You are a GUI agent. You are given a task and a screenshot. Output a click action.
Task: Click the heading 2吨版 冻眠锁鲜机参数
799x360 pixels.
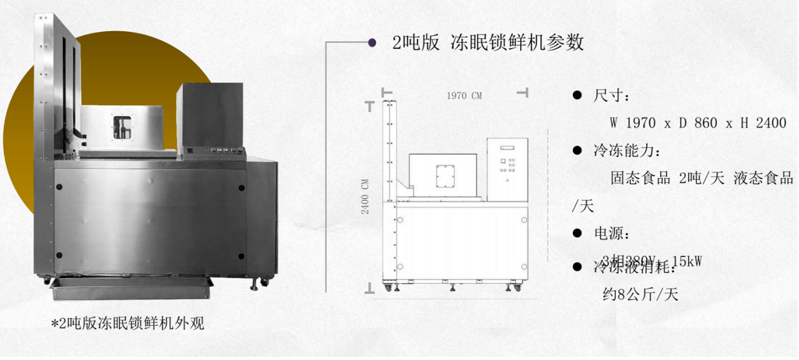point(488,42)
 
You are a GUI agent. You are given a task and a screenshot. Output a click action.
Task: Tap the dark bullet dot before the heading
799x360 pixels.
point(372,42)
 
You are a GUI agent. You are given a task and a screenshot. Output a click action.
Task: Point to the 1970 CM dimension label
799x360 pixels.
point(464,95)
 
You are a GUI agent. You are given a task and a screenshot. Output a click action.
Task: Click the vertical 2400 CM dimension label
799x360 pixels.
point(366,197)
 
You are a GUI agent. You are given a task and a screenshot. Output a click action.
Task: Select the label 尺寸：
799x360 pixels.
point(612,96)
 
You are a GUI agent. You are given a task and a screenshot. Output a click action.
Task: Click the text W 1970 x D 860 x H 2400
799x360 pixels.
point(697,124)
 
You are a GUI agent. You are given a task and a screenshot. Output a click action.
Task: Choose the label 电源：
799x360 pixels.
point(612,234)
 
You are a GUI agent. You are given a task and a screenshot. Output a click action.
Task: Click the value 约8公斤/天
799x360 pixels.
point(640,294)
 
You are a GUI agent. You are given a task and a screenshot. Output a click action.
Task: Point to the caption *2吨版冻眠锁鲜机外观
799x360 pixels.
point(127,323)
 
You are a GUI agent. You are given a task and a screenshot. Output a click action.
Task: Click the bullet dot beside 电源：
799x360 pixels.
point(577,234)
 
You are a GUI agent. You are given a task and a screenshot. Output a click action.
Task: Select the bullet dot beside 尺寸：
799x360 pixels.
point(577,96)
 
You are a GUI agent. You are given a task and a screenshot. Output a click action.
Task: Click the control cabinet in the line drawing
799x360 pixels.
point(507,168)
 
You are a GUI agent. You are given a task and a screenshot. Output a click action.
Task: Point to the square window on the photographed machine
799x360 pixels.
point(122,127)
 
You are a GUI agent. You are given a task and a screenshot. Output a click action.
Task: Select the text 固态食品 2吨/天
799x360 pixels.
point(667,178)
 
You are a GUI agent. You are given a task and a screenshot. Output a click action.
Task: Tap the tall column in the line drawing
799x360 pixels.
point(390,187)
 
